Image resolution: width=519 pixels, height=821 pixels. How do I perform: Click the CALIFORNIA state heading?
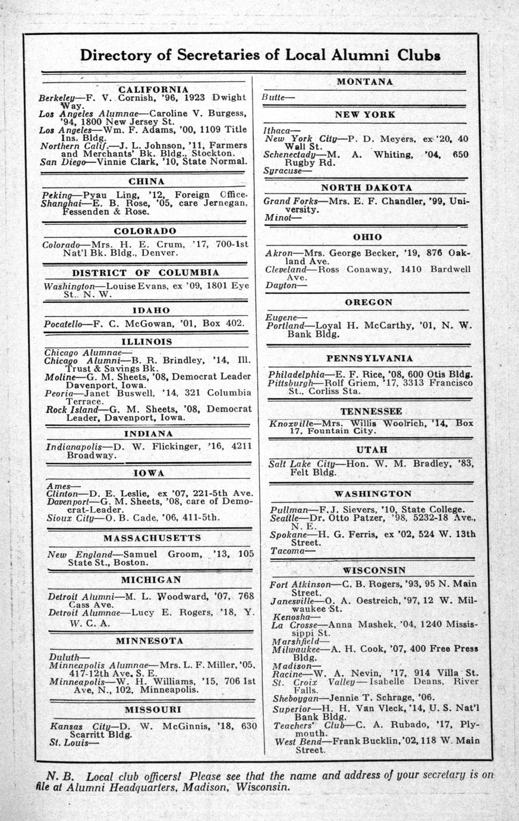145,89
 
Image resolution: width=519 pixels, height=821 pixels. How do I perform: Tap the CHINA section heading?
146,181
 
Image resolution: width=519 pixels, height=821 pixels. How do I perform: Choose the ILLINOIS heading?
147,341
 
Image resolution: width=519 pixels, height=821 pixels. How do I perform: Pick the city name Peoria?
57,393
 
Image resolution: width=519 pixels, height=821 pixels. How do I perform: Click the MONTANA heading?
364,82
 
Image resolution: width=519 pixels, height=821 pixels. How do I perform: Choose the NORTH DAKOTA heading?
366,187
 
